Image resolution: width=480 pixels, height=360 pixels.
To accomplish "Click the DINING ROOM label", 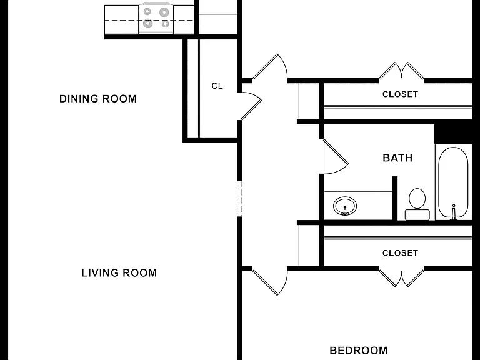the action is pyautogui.click(x=98, y=99).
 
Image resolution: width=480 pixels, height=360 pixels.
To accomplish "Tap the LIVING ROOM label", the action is pyautogui.click(x=119, y=272).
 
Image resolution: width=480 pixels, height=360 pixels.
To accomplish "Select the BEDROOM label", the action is pyautogui.click(x=359, y=350).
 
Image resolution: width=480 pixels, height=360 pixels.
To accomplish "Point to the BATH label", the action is pyautogui.click(x=397, y=157).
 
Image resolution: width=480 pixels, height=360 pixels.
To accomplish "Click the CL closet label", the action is pyautogui.click(x=217, y=86).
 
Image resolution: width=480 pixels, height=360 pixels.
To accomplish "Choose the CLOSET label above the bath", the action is pyautogui.click(x=400, y=94).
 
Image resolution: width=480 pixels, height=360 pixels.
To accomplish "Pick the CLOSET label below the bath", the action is pyautogui.click(x=400, y=253).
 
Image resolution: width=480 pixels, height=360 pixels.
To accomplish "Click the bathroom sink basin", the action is pyautogui.click(x=345, y=206).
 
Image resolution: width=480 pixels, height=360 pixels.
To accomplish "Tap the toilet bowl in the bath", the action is pyautogui.click(x=417, y=198).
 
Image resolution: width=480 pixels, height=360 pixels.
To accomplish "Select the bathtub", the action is pyautogui.click(x=453, y=182).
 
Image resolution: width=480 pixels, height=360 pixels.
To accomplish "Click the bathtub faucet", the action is pyautogui.click(x=454, y=212).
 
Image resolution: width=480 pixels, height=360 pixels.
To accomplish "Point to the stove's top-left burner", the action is pyautogui.click(x=147, y=12).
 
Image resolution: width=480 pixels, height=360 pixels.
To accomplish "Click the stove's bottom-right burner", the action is pyautogui.click(x=165, y=24).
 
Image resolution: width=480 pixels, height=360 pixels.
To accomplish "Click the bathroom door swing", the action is pyautogui.click(x=336, y=157).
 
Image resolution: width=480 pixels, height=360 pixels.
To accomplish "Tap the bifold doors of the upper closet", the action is pyautogui.click(x=401, y=71).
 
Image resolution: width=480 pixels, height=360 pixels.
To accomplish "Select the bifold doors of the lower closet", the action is pyautogui.click(x=401, y=279).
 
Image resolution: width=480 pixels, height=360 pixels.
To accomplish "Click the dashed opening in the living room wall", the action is pyautogui.click(x=240, y=199).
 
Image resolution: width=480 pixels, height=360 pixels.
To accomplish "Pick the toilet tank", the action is pyautogui.click(x=417, y=214).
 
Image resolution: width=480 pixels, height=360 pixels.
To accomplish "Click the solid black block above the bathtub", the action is pyautogui.click(x=454, y=134).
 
